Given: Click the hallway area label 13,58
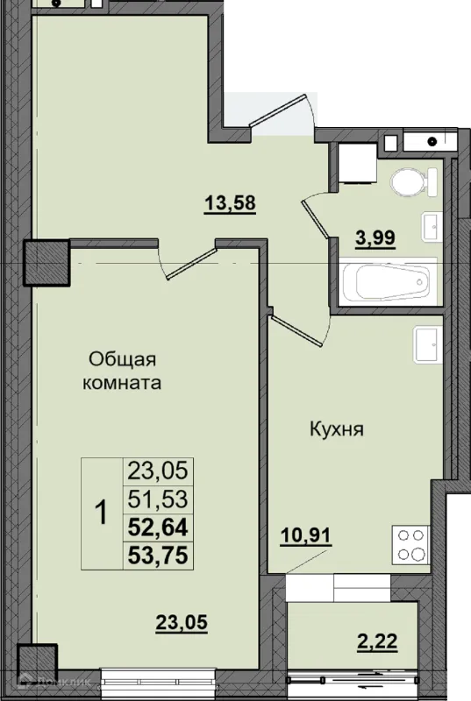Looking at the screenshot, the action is [x=230, y=203].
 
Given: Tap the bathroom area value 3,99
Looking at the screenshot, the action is [x=375, y=237].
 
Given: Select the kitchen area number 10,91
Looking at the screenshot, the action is [x=306, y=535].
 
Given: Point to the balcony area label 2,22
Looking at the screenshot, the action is [x=377, y=641].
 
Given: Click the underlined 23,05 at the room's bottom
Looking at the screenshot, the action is [x=182, y=622].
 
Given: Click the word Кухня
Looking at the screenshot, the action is [x=337, y=429].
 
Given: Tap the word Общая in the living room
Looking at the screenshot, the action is [x=122, y=359].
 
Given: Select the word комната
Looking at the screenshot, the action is [x=122, y=383].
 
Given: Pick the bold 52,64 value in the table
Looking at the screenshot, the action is [x=158, y=528].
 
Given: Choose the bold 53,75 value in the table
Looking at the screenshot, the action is [x=158, y=556].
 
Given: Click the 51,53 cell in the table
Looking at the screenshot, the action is [x=158, y=499].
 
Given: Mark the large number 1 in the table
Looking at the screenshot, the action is [x=102, y=513].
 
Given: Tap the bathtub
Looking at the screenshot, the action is [x=388, y=281].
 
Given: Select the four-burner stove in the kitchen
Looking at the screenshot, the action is [x=410, y=545].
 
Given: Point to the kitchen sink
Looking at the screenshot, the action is [x=428, y=344].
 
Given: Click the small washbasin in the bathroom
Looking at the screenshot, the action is [x=432, y=226].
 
